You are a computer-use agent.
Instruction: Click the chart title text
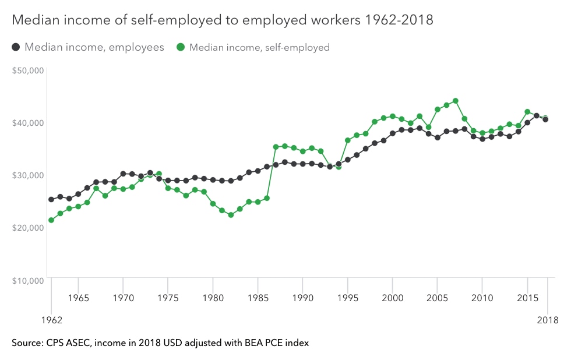[x=223, y=20]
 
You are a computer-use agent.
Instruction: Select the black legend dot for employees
[x=16, y=47]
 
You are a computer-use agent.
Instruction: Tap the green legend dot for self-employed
[x=181, y=47]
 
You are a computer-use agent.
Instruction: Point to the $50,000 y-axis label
[x=28, y=70]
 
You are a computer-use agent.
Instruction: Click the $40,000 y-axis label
[x=28, y=123]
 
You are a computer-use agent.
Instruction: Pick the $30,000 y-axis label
[x=28, y=175]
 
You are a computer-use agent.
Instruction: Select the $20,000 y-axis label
[x=28, y=228]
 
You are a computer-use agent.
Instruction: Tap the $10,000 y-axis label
[x=28, y=280]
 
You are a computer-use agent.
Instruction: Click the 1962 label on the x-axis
[x=51, y=320]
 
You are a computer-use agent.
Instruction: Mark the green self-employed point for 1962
[x=51, y=220]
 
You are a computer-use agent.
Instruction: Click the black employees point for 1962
[x=51, y=199]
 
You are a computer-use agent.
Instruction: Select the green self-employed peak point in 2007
[x=456, y=101]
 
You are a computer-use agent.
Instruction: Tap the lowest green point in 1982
[x=231, y=215]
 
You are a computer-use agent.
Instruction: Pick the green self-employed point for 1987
[x=276, y=147]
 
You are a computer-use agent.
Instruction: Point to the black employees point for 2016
[x=537, y=116]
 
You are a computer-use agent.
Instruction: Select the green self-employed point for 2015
[x=527, y=112]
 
